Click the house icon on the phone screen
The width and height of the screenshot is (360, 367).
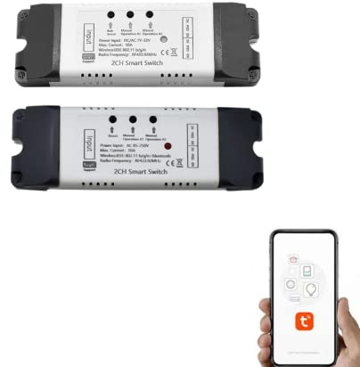tap(291, 259)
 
